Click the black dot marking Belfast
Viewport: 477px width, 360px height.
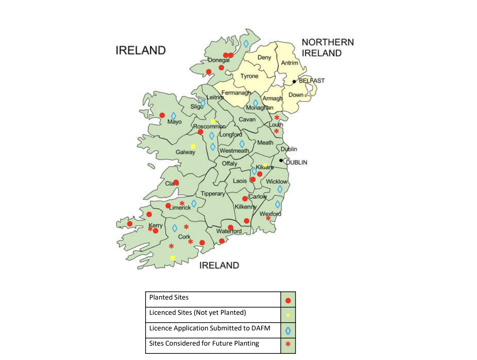pyautogui.click(x=294, y=81)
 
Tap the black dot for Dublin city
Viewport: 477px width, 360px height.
pyautogui.click(x=281, y=160)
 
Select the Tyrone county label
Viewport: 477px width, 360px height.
pyautogui.click(x=249, y=76)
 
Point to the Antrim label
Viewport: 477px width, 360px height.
pyautogui.click(x=289, y=63)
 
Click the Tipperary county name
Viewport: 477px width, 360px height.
pyautogui.click(x=213, y=194)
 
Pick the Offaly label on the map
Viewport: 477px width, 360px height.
pyautogui.click(x=229, y=164)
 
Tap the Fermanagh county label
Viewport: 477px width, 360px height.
pyautogui.click(x=236, y=93)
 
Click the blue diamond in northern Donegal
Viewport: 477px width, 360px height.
pyautogui.click(x=246, y=43)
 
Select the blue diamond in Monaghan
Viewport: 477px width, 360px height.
pyautogui.click(x=255, y=103)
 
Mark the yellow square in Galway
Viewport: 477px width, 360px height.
pyautogui.click(x=193, y=146)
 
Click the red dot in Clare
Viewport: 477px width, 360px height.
pyautogui.click(x=176, y=182)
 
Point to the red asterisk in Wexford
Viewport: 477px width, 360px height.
pyautogui.click(x=269, y=218)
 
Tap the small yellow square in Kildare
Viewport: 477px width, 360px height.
pyautogui.click(x=265, y=165)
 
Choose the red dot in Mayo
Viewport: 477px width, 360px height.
pyautogui.click(x=162, y=115)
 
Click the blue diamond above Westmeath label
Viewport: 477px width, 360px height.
pyautogui.click(x=242, y=144)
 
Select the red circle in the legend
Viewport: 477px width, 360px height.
pyautogui.click(x=288, y=300)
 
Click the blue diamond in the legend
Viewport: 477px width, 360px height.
pyautogui.click(x=288, y=330)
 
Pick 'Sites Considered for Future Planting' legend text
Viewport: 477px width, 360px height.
pyautogui.click(x=204, y=343)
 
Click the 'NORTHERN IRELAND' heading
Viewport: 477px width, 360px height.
pyautogui.click(x=327, y=47)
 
